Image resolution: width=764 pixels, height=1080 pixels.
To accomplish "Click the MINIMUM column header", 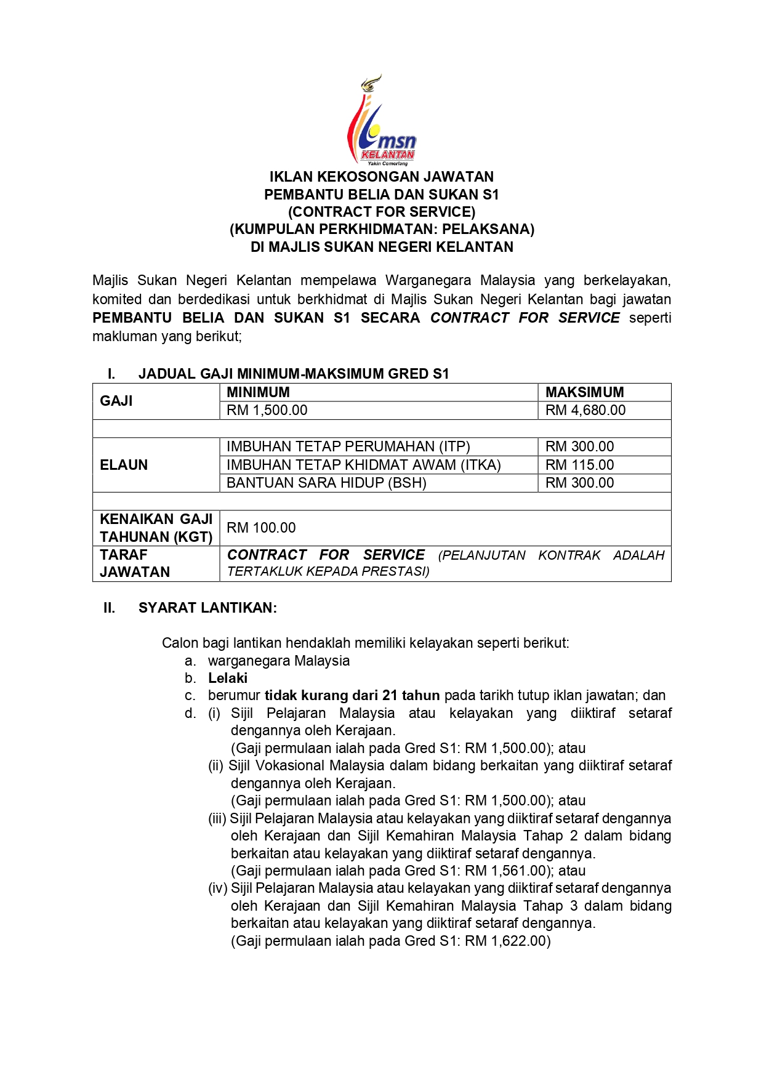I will (x=258, y=392).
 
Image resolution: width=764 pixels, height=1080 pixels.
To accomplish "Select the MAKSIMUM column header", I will (x=584, y=392).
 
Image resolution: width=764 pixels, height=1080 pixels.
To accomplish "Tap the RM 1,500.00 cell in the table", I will (x=267, y=410).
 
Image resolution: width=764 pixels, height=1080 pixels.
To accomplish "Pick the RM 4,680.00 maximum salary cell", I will (x=585, y=410).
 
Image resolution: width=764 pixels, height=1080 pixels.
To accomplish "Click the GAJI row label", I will (x=116, y=401).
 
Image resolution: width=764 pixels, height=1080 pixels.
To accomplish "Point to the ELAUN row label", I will (x=124, y=465).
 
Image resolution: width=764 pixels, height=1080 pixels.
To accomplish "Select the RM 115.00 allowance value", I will (x=579, y=465).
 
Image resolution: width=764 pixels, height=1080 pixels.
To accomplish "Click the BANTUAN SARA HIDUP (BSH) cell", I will (x=326, y=483).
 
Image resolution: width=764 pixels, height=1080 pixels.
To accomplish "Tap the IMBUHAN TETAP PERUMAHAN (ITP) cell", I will (x=348, y=446).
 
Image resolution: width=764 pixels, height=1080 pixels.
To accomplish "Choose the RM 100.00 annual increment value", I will (x=261, y=528).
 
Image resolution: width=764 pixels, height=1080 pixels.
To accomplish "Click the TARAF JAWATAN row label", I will (x=134, y=563).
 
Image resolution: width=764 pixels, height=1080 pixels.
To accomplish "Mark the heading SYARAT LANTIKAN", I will (x=207, y=608).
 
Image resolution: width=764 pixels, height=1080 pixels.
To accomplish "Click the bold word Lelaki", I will (x=228, y=678).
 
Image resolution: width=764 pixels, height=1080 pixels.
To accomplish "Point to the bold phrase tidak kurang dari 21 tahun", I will (x=352, y=695).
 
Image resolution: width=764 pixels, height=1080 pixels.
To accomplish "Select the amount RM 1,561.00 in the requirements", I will (x=505, y=871).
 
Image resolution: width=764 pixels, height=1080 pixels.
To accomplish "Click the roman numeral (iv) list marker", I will (x=217, y=888).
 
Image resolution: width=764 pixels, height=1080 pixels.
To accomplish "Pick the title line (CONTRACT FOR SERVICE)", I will (x=382, y=212).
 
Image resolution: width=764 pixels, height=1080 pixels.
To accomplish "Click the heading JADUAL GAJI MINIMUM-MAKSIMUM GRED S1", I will (x=294, y=374).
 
